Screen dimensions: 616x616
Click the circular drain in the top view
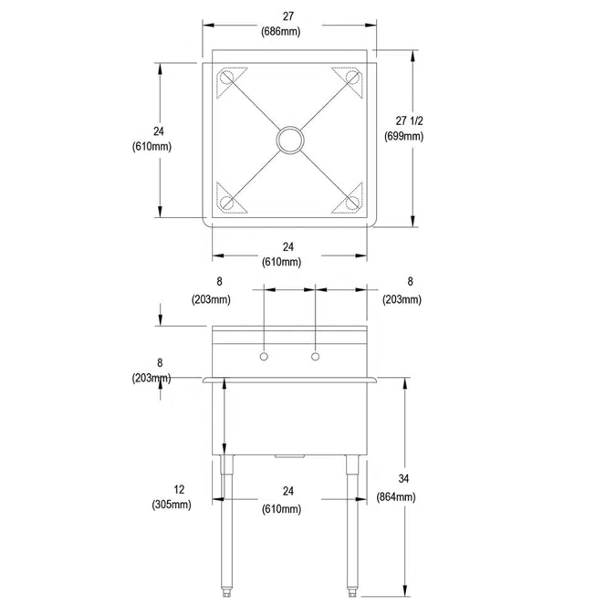coord(290,140)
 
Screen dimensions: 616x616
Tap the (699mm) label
coord(402,137)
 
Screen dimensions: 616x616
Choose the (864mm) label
coord(396,497)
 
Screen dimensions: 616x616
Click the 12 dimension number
coord(172,490)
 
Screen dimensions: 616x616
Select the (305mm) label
coord(172,505)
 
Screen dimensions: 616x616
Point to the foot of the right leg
coord(352,594)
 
